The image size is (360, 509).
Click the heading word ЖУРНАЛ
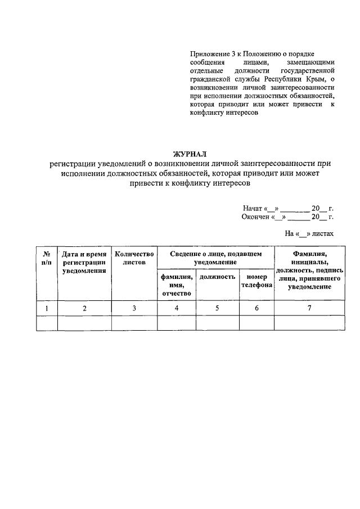pos(190,154)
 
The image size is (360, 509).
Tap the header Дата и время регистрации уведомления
pos(84,263)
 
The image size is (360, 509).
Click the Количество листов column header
pos(134,258)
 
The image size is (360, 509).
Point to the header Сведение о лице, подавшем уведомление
pos(215,258)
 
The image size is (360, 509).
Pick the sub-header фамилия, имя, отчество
pos(177,285)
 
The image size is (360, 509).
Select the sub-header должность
pos(217,277)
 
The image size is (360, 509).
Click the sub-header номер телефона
pos(256,281)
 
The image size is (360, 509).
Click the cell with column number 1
pos(47,308)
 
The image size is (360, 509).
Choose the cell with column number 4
pos(177,308)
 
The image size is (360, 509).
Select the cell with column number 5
pos(217,308)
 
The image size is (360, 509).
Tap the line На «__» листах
pos(309,232)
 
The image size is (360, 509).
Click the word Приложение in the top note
pos(209,53)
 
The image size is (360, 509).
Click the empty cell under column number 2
pos(84,324)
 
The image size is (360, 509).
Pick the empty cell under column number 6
pos(256,324)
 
